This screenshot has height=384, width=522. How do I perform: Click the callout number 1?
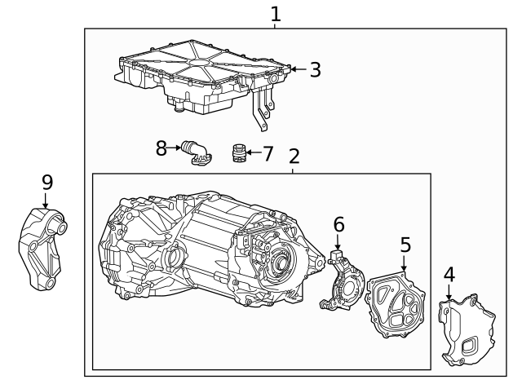point(275,14)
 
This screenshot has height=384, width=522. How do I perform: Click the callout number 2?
point(294,157)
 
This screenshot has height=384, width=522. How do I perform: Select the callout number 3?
point(315,70)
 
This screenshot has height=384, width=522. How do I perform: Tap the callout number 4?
point(449,275)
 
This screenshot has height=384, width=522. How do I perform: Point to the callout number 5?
point(405,245)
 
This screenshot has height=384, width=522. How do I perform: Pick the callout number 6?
point(338,224)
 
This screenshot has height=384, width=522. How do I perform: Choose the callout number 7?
point(268,152)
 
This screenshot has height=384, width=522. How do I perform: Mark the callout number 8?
point(161,148)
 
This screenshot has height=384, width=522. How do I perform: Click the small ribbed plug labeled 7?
point(238,152)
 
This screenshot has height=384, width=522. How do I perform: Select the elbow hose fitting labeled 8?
point(196,152)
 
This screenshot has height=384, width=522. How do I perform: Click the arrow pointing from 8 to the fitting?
point(175,148)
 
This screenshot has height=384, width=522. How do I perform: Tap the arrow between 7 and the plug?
point(252,152)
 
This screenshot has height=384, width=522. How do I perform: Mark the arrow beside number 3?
point(298,70)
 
